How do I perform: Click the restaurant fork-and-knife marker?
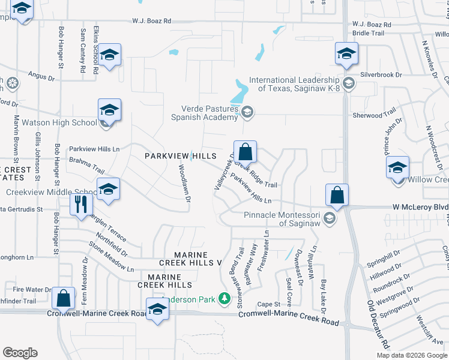[x=79, y=205]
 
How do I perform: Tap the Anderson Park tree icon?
[x=224, y=298]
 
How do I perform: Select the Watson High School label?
[x=59, y=123]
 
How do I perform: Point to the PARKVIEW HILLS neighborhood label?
[x=180, y=156]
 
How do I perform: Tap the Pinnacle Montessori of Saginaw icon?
[x=328, y=217]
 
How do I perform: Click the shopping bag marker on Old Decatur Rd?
[x=337, y=196]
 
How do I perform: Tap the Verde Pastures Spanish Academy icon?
[x=247, y=111]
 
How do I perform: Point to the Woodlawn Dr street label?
[x=184, y=183]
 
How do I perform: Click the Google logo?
[x=20, y=353]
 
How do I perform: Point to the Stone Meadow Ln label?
[x=111, y=257]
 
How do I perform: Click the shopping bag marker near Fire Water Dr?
[x=63, y=298]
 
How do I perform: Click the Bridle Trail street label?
[x=368, y=33]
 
